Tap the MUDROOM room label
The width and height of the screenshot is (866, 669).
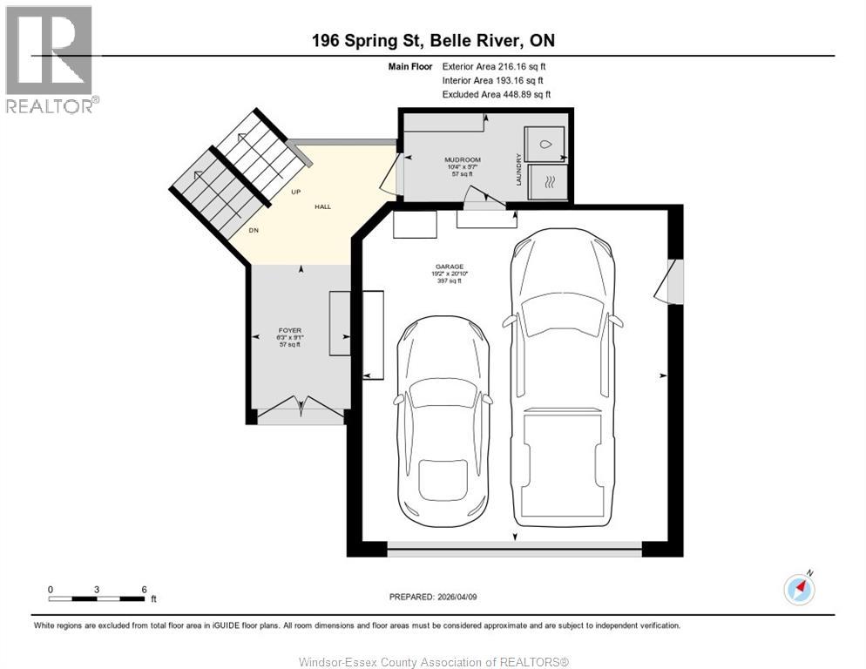[462, 160]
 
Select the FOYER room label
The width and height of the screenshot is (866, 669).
[289, 331]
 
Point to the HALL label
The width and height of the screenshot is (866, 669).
[323, 207]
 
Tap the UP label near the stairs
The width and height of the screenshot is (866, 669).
[296, 193]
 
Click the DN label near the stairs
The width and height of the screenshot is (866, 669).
[254, 231]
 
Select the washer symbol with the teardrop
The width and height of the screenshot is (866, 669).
[545, 145]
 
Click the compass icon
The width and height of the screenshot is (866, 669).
[799, 589]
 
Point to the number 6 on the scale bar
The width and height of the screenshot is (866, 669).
[144, 589]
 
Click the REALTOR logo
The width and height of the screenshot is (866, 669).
[50, 59]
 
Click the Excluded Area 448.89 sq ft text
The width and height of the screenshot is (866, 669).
[497, 95]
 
